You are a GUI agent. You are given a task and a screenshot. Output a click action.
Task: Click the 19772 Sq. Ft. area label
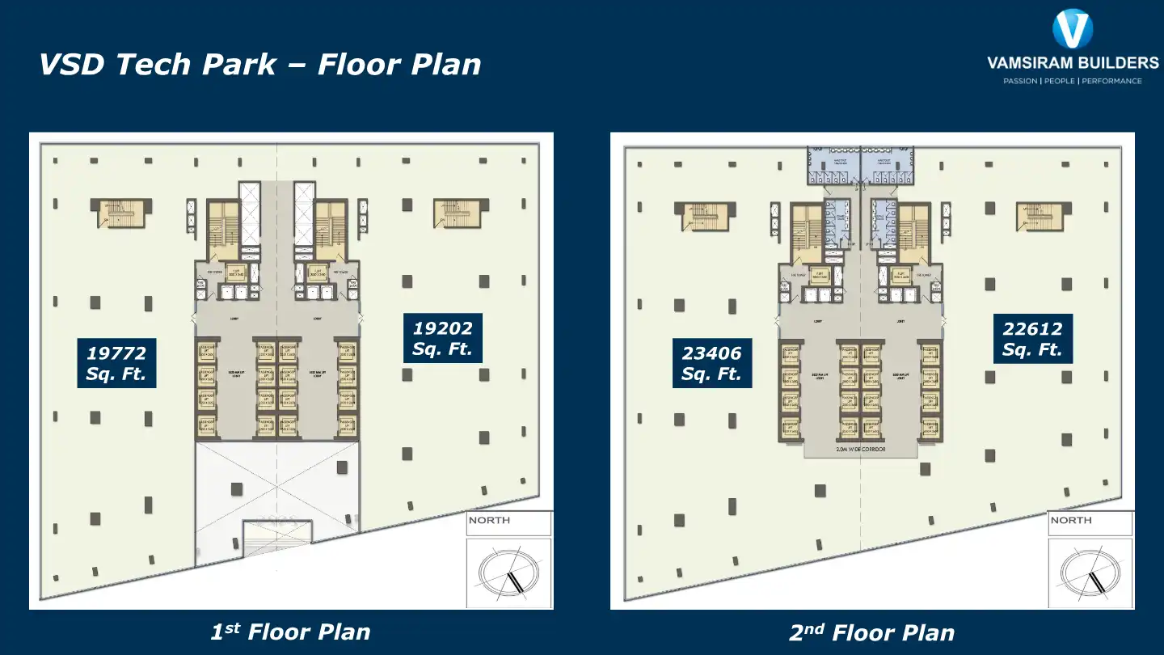pyautogui.click(x=116, y=363)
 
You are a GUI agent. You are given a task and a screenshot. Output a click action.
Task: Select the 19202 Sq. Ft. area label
pyautogui.click(x=442, y=339)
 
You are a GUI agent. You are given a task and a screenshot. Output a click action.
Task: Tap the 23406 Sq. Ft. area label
pyautogui.click(x=711, y=363)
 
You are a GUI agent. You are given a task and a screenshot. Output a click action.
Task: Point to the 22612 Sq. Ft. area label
pyautogui.click(x=1032, y=339)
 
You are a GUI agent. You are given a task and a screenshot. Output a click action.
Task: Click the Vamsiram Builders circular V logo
pyautogui.click(x=1072, y=29)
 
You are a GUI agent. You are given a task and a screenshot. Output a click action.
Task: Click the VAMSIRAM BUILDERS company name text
pyautogui.click(x=1072, y=62)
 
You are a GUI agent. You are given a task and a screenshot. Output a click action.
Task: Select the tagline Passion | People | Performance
pyautogui.click(x=1072, y=81)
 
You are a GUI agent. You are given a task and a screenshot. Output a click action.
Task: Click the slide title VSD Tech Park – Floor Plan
pyautogui.click(x=259, y=64)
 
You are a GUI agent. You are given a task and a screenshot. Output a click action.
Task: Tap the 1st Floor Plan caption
pyautogui.click(x=290, y=632)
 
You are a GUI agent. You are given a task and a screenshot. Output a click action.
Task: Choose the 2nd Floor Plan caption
pyautogui.click(x=871, y=632)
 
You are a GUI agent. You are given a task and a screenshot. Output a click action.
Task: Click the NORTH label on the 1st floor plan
pyautogui.click(x=490, y=520)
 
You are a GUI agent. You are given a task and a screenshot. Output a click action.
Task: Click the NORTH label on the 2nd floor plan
pyautogui.click(x=1071, y=520)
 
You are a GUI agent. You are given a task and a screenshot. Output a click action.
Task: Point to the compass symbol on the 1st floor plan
pyautogui.click(x=509, y=573)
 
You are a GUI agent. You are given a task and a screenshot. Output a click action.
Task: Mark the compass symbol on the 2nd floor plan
pyautogui.click(x=1090, y=573)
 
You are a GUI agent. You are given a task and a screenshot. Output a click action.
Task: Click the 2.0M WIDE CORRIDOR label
pyautogui.click(x=860, y=449)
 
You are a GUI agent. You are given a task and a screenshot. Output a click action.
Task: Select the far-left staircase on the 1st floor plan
pyautogui.click(x=120, y=213)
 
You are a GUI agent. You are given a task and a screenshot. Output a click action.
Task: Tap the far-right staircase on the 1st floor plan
pyautogui.click(x=457, y=213)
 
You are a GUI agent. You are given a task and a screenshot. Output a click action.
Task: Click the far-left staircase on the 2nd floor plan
pyautogui.click(x=706, y=216)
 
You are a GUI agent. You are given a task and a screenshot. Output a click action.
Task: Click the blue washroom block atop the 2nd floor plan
pyautogui.click(x=860, y=164)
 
